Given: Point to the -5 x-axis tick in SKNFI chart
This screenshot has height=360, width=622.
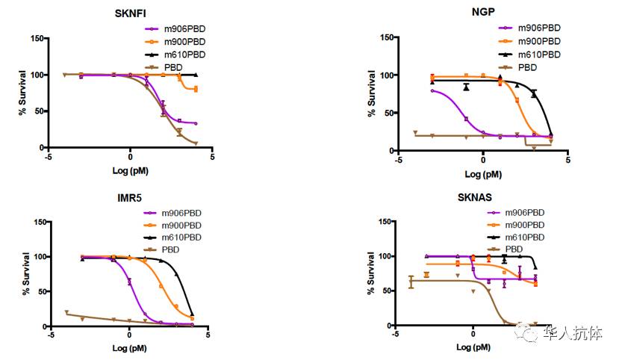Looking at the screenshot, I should [48, 157].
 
